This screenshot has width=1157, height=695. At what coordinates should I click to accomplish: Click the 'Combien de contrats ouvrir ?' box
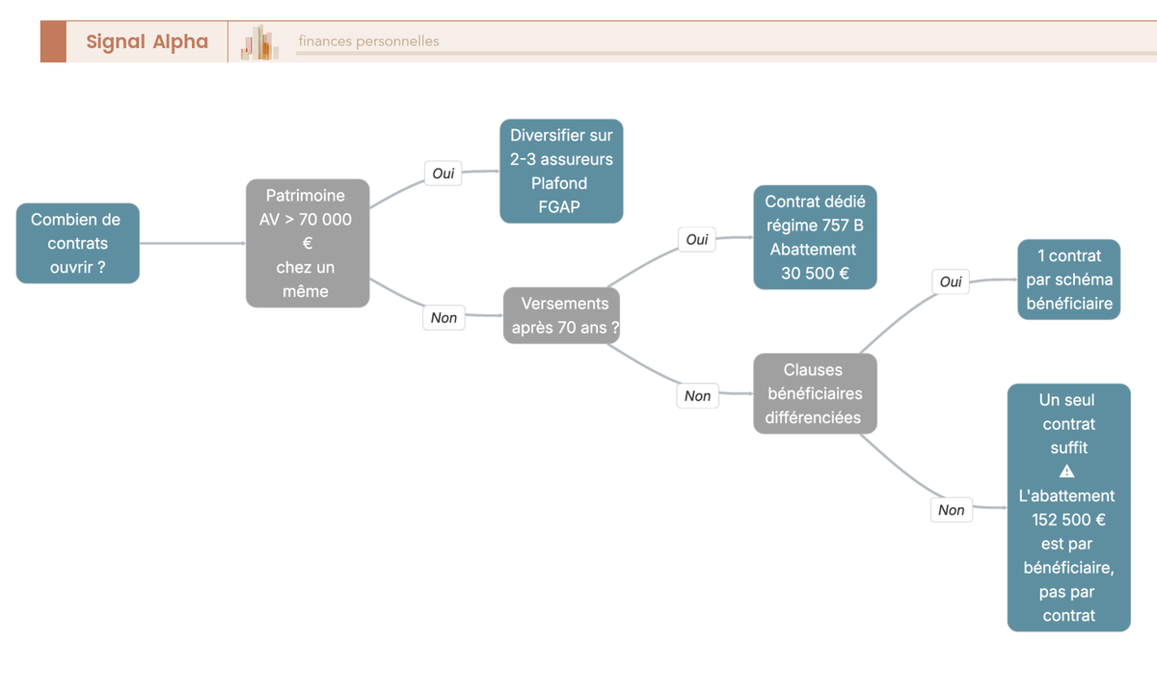(78, 243)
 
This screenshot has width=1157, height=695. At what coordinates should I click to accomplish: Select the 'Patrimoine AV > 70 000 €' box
(308, 243)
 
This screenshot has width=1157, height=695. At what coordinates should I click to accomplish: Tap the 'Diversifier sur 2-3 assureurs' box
(561, 172)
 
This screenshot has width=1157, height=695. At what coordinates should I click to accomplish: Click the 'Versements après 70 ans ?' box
(561, 315)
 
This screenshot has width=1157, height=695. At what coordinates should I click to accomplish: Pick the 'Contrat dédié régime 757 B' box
(815, 237)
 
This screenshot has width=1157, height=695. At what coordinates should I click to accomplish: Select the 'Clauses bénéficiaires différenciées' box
(815, 393)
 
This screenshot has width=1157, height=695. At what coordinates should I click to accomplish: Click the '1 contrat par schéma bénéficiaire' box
(1068, 280)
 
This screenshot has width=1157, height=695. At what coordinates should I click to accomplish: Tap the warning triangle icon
(1066, 471)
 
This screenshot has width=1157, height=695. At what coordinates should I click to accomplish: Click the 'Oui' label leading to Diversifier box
(444, 174)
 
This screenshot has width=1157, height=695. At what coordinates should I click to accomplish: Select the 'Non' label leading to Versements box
(444, 317)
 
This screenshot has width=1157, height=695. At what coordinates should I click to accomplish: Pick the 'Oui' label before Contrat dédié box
(697, 240)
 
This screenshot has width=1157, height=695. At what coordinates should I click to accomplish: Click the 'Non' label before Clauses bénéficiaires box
(697, 396)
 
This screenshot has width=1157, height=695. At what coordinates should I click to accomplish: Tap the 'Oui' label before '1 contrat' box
(951, 281)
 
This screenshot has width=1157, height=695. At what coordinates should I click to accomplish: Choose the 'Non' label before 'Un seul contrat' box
(952, 510)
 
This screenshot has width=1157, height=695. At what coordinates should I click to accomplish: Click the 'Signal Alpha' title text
(148, 41)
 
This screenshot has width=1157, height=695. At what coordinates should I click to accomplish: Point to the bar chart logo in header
(259, 42)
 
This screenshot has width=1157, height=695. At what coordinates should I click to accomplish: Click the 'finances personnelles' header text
(368, 41)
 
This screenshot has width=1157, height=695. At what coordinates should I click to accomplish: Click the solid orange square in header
(53, 41)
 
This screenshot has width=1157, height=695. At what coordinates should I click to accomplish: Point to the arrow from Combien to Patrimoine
(193, 243)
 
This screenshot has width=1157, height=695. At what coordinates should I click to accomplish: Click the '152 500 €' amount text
(1068, 520)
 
